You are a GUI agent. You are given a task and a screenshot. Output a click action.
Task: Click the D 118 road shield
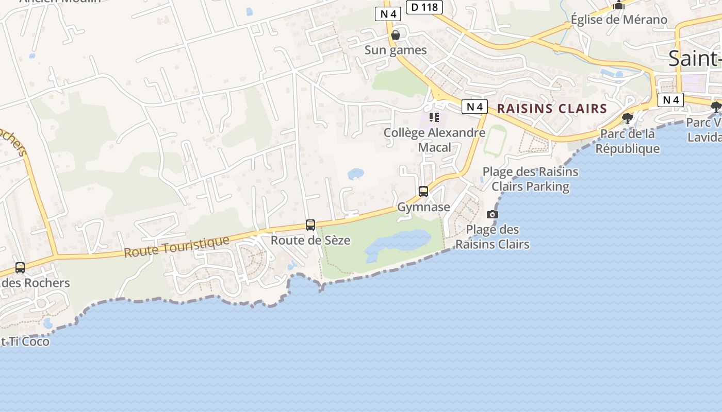[x=425, y=7]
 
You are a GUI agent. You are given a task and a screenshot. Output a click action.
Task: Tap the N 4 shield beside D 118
[x=388, y=14]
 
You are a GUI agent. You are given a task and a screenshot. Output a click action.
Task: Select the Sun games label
[x=396, y=50]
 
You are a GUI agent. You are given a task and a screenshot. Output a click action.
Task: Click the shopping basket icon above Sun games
[x=396, y=35]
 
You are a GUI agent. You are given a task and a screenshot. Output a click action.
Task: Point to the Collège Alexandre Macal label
[x=434, y=140]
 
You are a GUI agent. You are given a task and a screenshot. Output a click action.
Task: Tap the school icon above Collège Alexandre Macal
[x=434, y=117]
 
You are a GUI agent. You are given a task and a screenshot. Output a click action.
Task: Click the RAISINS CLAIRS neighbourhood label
[x=552, y=109]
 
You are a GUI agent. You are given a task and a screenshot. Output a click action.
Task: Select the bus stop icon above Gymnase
[x=423, y=192]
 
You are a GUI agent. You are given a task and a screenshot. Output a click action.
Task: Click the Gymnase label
[x=423, y=207]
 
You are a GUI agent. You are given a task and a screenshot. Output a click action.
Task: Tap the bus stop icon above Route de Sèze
[x=310, y=225]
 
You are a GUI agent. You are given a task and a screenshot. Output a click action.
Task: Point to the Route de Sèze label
[x=310, y=240]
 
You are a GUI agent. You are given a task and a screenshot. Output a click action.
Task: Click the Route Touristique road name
[x=176, y=248]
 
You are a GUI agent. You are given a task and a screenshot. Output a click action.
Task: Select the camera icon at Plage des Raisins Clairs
[x=493, y=214]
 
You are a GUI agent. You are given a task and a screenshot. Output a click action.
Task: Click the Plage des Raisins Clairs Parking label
[x=530, y=179]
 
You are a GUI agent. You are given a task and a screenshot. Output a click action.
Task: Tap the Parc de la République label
[x=627, y=141]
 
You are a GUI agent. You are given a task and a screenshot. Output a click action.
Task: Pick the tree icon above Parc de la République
[x=627, y=118]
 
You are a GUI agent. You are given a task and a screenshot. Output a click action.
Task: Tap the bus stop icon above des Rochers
[x=20, y=268]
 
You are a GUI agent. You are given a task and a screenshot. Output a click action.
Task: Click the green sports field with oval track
[x=495, y=140]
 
